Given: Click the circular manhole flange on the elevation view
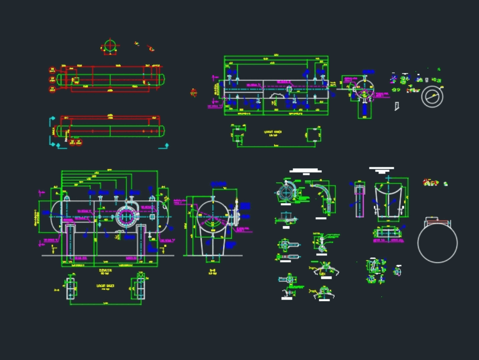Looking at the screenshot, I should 126,217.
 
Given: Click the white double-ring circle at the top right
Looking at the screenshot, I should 432,96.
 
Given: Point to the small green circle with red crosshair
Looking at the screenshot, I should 110,46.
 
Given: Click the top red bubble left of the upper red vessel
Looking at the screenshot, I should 52,70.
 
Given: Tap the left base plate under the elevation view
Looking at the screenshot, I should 71,289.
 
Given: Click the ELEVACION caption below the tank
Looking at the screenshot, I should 105,270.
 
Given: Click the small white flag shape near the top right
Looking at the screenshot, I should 397,106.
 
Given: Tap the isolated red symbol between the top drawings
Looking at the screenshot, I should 194,93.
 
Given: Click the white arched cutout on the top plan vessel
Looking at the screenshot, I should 277,98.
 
